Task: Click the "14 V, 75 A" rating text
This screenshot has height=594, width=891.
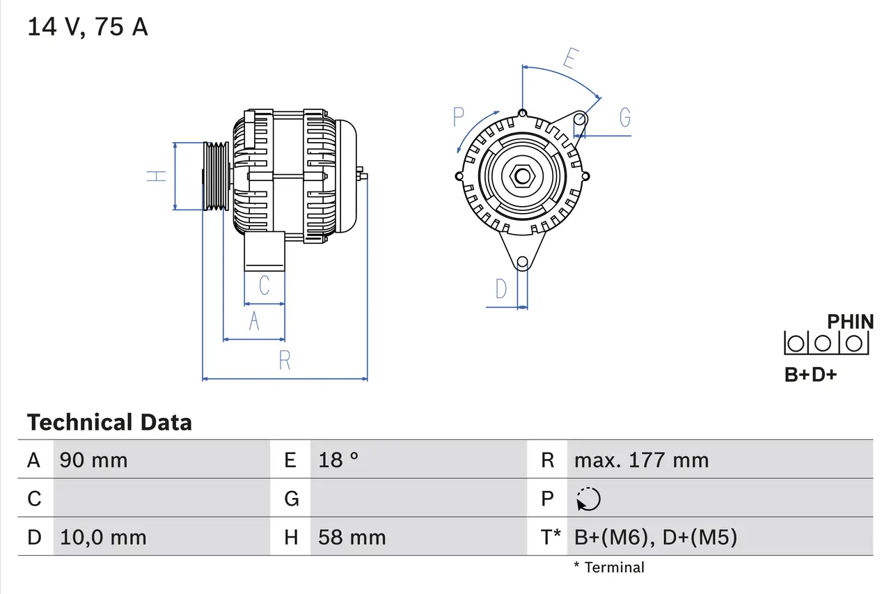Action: [87, 27]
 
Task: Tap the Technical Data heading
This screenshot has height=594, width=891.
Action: [109, 423]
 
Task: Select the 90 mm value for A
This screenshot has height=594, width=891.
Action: [93, 460]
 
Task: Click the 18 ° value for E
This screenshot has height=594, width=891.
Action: [338, 460]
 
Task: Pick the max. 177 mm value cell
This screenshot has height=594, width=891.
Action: [641, 460]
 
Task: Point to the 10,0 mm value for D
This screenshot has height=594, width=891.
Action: [103, 538]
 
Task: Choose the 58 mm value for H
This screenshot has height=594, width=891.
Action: [352, 538]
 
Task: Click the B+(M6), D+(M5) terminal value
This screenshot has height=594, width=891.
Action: [655, 538]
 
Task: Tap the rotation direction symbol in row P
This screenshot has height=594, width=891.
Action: [588, 499]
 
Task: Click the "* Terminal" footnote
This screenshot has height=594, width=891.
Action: [609, 568]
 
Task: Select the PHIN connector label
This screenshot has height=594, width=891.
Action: [850, 322]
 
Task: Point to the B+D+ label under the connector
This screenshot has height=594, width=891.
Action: [810, 375]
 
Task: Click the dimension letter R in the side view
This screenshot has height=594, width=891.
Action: [285, 361]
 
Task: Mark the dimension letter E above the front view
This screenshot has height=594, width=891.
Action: [569, 60]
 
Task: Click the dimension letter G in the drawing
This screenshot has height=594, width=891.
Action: [624, 118]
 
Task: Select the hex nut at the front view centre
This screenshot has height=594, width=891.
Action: [521, 175]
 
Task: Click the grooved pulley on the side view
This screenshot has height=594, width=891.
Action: [215, 175]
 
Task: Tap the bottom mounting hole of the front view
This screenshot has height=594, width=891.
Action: [522, 262]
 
